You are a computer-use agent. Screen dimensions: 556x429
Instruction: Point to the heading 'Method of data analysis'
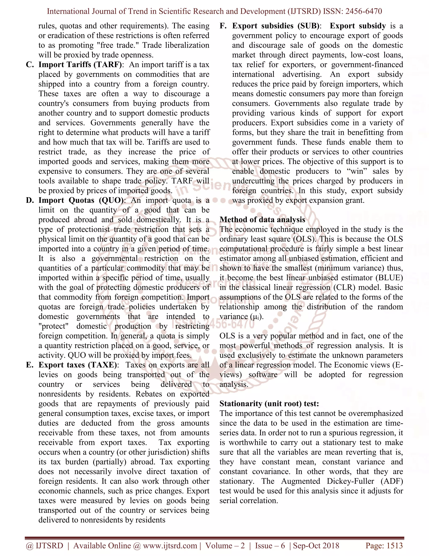(262, 220)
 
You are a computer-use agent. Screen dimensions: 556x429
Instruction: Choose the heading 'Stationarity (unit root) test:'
(269, 404)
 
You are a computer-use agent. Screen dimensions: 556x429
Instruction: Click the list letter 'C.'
(30, 65)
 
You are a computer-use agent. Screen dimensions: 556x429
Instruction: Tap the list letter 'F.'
(223, 26)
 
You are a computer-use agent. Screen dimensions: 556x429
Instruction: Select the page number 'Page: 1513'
(384, 546)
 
